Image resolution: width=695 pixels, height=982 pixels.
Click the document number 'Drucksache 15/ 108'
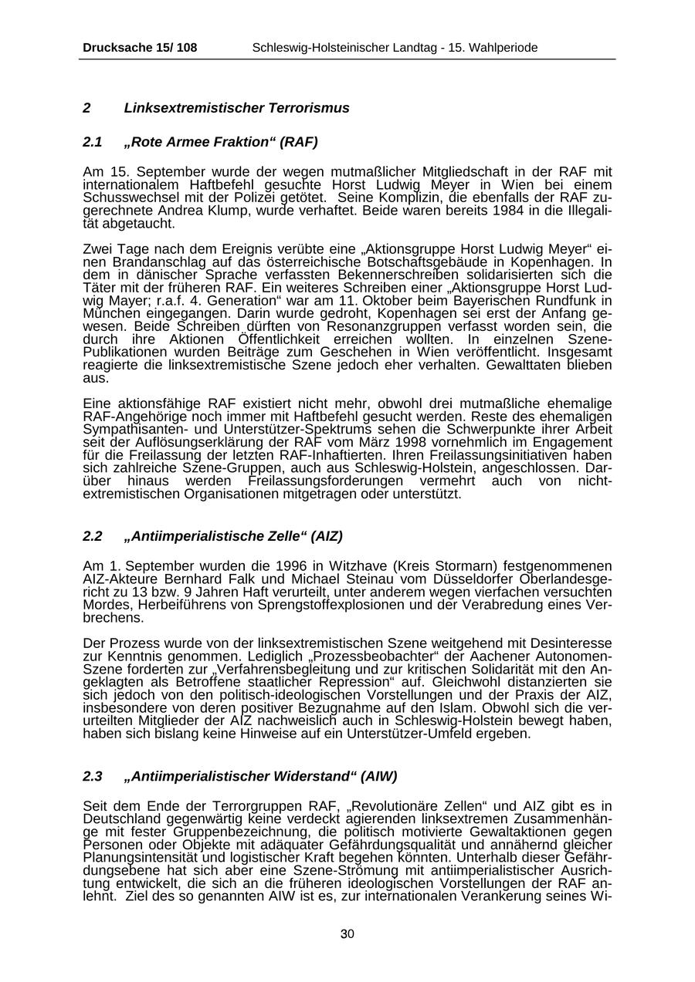click(x=140, y=48)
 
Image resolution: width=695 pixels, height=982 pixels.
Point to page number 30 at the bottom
click(x=347, y=934)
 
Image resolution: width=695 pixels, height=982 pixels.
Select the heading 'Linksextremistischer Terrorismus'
click(x=236, y=108)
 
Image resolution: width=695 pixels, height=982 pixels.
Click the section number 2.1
click(x=93, y=143)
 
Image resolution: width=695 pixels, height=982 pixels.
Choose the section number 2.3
click(x=93, y=776)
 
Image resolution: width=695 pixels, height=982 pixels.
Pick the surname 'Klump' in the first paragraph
click(x=206, y=211)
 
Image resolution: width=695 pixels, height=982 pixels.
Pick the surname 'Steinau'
click(x=343, y=579)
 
